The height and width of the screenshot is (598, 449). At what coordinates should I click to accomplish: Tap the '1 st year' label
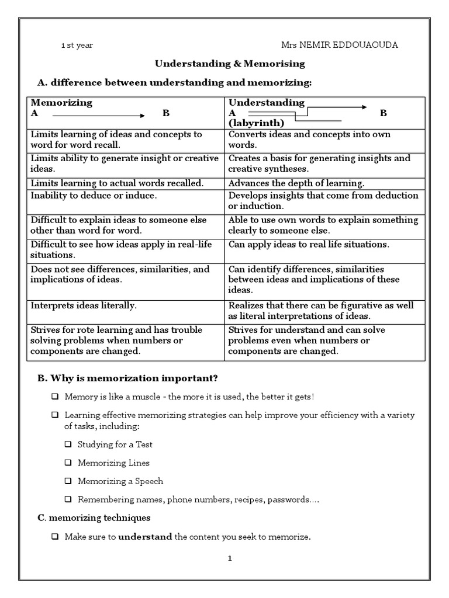(77, 45)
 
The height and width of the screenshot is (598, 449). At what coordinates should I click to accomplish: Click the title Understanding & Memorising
(229, 64)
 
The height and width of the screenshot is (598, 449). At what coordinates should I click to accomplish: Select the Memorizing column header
(61, 103)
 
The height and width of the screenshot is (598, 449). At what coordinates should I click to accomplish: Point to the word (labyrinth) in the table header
(256, 123)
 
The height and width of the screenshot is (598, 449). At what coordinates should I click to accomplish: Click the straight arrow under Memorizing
(99, 113)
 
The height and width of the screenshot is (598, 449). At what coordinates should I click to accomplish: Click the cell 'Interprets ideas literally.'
(83, 305)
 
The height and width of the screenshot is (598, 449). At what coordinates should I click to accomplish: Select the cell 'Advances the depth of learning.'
(296, 183)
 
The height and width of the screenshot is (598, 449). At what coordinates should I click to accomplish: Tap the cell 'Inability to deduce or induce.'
(93, 195)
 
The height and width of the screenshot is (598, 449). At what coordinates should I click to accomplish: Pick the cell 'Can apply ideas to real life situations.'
(309, 244)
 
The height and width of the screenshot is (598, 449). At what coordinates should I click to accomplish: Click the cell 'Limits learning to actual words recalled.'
(117, 183)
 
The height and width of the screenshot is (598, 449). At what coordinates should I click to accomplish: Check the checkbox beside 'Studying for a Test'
(68, 444)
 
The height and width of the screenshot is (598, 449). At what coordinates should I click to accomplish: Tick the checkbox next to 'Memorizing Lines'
(68, 463)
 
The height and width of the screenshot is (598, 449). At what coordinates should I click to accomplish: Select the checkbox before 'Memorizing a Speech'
(68, 482)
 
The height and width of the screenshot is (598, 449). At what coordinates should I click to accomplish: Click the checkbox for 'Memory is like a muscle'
(54, 397)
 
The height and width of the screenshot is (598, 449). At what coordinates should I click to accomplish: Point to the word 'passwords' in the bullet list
(295, 500)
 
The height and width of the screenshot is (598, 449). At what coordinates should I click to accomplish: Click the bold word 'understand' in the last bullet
(145, 536)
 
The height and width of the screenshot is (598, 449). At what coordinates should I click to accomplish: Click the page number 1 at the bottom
(230, 558)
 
